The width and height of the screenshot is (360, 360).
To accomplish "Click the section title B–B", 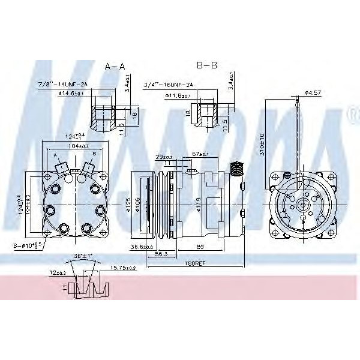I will pos(207,64).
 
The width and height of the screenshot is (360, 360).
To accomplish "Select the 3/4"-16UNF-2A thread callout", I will pos(169,85).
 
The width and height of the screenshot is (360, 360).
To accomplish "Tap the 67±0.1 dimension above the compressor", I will pos(201,155).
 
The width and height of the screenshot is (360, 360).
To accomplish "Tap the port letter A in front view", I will pos(56,154).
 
